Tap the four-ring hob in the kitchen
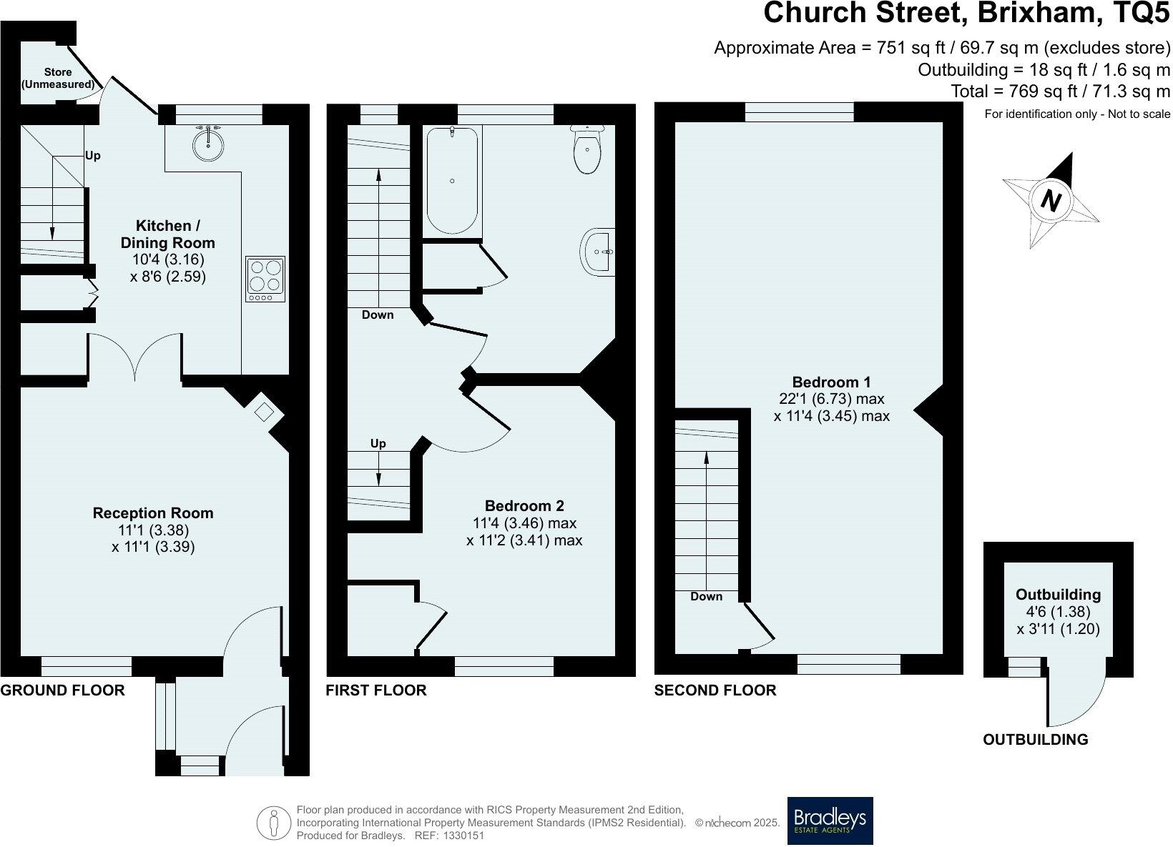coord(265,278)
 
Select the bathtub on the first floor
coord(452,180)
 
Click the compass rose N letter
coord(1050,200)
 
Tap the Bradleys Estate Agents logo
coord(830,821)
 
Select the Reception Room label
coord(153,513)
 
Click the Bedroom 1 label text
coord(831,382)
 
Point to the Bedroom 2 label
coord(524,506)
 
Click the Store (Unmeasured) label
coord(58,79)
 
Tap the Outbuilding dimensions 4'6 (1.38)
coord(1058,612)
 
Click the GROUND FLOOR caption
coord(62,690)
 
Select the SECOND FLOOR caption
coord(715,690)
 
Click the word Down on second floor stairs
coord(707,596)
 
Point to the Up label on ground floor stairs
coord(93,155)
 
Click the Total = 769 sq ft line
coord(1060,91)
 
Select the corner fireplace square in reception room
coord(264,412)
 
